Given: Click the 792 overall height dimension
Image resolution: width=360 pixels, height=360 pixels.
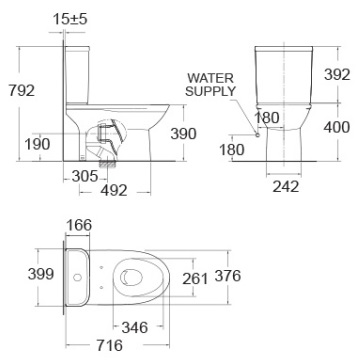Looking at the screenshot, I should point(19,90).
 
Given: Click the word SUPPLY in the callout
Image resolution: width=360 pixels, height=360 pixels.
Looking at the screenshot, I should point(210,90).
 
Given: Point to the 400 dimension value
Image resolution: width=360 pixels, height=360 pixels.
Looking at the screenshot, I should point(338,128).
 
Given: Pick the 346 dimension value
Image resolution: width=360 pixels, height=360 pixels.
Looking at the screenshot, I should point(134,327).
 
